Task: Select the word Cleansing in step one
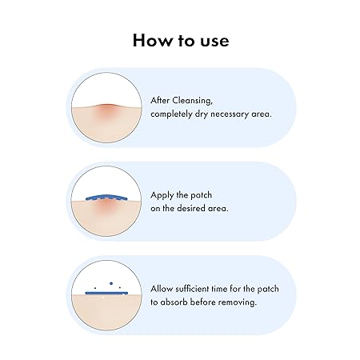tap(192, 101)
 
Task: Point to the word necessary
tap(230, 114)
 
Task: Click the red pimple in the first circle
tap(106, 110)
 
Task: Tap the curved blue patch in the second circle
tap(106, 198)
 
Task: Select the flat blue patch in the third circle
tap(106, 293)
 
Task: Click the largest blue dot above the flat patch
tap(111, 283)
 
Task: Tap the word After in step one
tap(160, 101)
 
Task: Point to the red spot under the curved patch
tap(106, 205)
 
